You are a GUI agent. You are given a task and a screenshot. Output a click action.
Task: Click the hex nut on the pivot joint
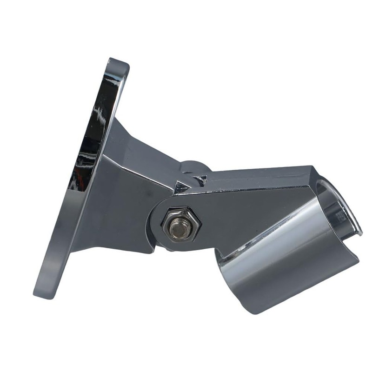[x=181, y=225]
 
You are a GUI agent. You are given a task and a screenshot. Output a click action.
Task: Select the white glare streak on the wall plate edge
[x=99, y=114]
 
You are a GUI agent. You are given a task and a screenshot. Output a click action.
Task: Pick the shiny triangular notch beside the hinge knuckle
[x=181, y=187]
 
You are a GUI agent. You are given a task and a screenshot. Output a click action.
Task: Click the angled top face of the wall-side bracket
[x=144, y=144]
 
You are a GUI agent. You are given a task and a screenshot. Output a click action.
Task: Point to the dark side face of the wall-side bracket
[x=121, y=205]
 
